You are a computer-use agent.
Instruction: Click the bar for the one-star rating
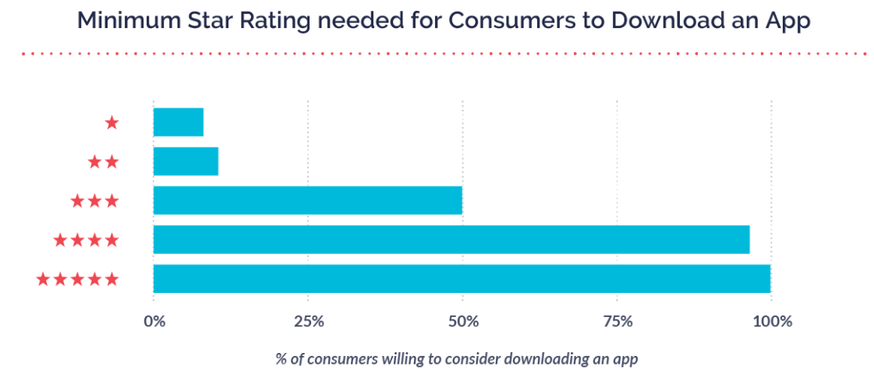click(x=179, y=122)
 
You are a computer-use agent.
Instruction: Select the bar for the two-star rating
click(x=186, y=161)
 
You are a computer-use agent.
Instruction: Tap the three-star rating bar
click(x=308, y=200)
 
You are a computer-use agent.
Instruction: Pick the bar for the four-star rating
click(x=451, y=239)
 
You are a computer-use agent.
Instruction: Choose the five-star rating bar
click(x=462, y=278)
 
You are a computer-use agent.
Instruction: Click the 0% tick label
click(x=154, y=321)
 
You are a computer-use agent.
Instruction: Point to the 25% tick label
click(x=308, y=321)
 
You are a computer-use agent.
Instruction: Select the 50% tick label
click(x=462, y=321)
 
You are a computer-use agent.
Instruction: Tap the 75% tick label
click(x=617, y=321)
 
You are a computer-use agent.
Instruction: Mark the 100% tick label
click(x=771, y=321)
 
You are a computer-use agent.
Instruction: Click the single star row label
click(x=111, y=122)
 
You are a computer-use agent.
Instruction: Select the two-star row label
click(x=103, y=161)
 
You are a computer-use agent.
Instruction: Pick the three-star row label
click(x=94, y=201)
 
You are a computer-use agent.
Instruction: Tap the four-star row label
click(x=86, y=240)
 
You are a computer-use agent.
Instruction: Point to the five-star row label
click(x=77, y=279)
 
